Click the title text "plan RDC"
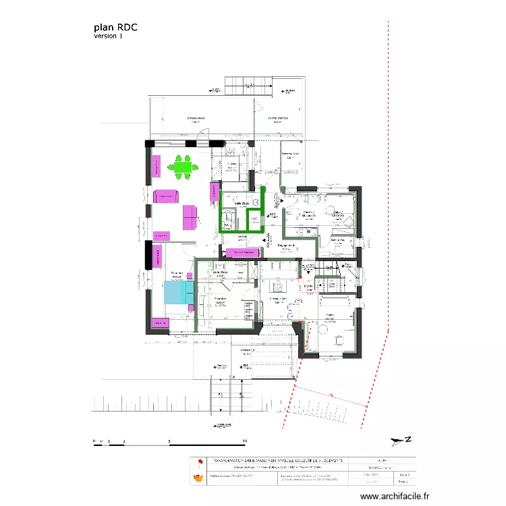(x=116, y=28)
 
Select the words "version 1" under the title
(x=109, y=36)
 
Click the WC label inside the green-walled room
(x=254, y=220)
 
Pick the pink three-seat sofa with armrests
(x=166, y=196)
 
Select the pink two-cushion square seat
(x=190, y=217)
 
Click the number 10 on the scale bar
(x=245, y=442)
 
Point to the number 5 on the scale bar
(x=169, y=442)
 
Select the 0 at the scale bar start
(x=94, y=442)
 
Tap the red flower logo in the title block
(x=198, y=463)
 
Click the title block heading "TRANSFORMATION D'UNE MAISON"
(x=277, y=460)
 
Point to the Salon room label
(x=331, y=314)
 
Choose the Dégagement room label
(x=286, y=246)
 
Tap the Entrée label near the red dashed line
(x=309, y=287)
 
